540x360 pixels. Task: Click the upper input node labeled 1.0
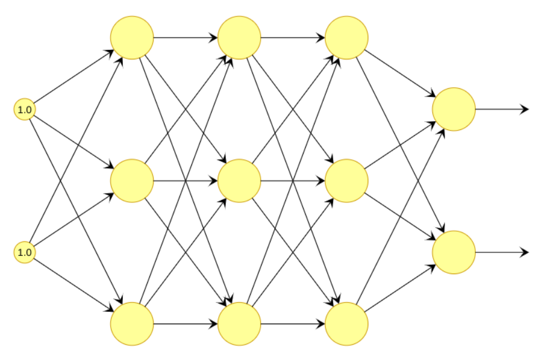pyautogui.click(x=25, y=109)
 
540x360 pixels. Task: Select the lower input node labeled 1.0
pyautogui.click(x=25, y=252)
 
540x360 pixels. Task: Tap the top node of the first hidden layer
pyautogui.click(x=132, y=38)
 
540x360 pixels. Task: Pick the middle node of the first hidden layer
pyautogui.click(x=132, y=181)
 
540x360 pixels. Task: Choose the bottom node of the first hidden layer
pyautogui.click(x=132, y=324)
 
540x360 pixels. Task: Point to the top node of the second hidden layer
pyautogui.click(x=239, y=38)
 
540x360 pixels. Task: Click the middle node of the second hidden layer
pyautogui.click(x=239, y=181)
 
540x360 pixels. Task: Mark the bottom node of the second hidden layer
pyautogui.click(x=239, y=324)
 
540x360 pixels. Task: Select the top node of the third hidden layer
pyautogui.click(x=346, y=38)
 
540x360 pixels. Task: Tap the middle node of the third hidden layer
pyautogui.click(x=346, y=181)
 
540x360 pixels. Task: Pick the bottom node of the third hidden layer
pyautogui.click(x=346, y=324)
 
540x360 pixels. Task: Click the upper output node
pyautogui.click(x=454, y=109)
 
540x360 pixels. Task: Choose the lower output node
pyautogui.click(x=454, y=252)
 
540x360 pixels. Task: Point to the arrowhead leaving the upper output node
pyautogui.click(x=525, y=109)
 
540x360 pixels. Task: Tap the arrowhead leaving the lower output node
pyautogui.click(x=525, y=252)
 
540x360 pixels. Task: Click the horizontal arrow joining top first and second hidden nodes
pyautogui.click(x=185, y=38)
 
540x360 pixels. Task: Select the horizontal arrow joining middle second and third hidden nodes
pyautogui.click(x=292, y=181)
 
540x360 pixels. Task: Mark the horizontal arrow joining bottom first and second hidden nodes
pyautogui.click(x=185, y=324)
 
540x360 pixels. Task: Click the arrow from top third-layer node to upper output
pyautogui.click(x=400, y=74)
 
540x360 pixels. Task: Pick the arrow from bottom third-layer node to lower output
pyautogui.click(x=400, y=288)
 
